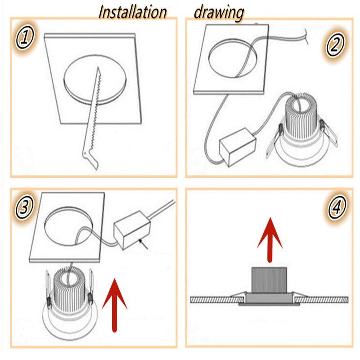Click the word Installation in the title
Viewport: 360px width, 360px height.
point(132,12)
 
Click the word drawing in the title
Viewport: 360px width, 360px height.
point(219,13)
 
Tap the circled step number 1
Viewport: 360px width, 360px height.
point(25,37)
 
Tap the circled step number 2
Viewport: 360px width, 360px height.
point(335,45)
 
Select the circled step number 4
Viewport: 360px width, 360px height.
point(337,207)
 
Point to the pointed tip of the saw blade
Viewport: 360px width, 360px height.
point(98,67)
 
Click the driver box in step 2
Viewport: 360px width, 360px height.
point(238,147)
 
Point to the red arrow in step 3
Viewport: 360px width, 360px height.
point(114,306)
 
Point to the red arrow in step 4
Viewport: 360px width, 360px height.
point(270,240)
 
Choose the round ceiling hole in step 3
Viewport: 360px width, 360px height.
point(68,226)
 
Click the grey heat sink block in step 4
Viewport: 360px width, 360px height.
point(269,280)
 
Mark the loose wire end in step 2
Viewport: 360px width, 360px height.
point(306,36)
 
